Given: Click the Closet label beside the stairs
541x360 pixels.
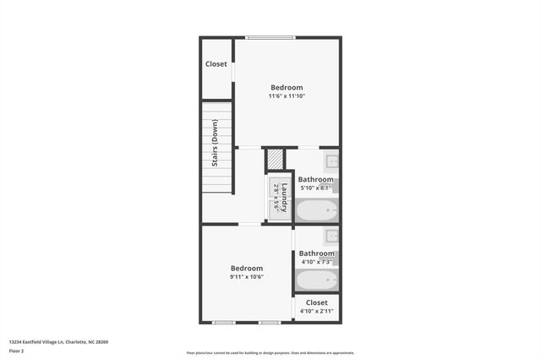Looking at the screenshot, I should (x=216, y=63).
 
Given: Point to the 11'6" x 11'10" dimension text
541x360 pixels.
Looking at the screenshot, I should (x=287, y=96).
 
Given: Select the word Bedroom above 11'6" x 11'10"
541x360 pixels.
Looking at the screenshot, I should (x=287, y=87).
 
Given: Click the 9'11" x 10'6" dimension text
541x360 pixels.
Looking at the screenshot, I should (x=248, y=276).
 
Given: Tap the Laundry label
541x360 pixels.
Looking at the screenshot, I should (x=286, y=196).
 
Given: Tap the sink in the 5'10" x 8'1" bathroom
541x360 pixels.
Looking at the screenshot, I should (x=331, y=161).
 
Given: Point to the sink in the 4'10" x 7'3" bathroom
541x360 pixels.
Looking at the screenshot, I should (x=331, y=236).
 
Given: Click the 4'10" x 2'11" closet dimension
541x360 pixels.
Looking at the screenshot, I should (x=317, y=312).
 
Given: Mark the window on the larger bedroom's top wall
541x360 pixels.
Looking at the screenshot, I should (x=270, y=37).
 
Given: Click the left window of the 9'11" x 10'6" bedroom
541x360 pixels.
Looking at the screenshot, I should (x=224, y=322).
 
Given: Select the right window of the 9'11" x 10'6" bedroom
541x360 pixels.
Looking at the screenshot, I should (x=270, y=322).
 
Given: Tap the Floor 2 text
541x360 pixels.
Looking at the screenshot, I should (x=17, y=351).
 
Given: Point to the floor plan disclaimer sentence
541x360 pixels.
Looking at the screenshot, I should (x=270, y=353).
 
